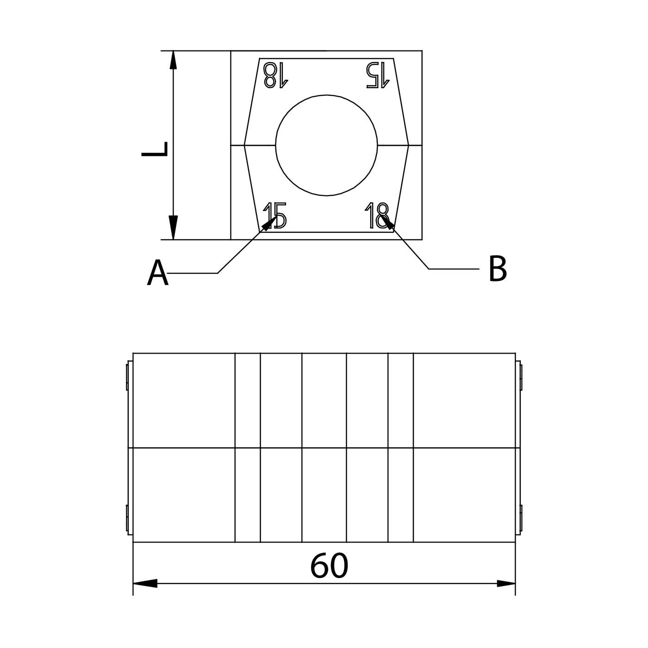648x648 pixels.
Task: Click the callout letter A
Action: coord(157,273)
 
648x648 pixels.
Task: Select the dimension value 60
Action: coord(329,566)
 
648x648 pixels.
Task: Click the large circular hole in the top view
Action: coord(327,145)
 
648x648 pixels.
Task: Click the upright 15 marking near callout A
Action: coord(275,216)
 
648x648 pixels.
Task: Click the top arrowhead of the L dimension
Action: coord(173,60)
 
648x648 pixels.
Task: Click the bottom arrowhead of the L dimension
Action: coord(173,229)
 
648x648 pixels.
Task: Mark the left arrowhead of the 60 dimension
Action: coord(144,583)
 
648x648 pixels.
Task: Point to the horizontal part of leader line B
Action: coord(454,268)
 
